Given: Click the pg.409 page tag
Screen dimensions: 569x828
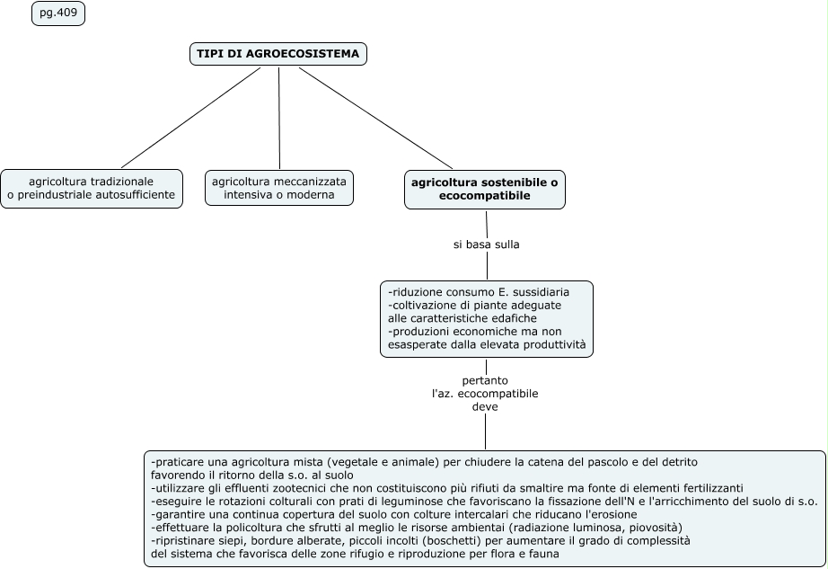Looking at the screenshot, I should tap(58, 13).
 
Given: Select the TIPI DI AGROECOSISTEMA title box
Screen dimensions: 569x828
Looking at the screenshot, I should tap(278, 54).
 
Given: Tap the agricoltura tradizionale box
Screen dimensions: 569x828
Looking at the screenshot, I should tap(92, 188).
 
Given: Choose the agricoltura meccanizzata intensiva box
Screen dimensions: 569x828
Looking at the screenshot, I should tap(278, 188).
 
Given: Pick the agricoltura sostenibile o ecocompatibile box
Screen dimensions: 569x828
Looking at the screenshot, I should tap(484, 188).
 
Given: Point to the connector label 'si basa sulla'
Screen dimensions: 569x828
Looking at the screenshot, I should tap(486, 244).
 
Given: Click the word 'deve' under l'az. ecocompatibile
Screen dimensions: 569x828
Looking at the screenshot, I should tap(485, 406).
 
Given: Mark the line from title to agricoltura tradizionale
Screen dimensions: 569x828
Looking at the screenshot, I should tap(190, 118).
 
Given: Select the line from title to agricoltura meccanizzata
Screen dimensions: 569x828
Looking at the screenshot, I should tap(279, 118).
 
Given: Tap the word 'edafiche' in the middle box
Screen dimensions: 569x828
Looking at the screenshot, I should tap(512, 318).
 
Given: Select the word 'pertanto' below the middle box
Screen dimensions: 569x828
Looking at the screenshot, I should tap(485, 380).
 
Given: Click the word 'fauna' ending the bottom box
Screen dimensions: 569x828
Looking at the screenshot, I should tap(542, 554).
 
